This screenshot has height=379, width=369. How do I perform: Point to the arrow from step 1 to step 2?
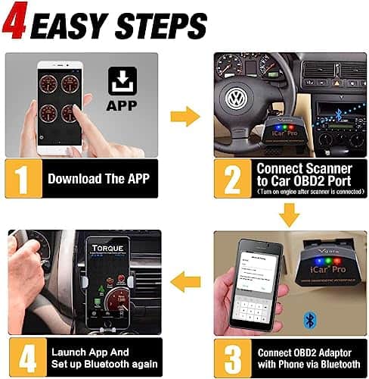(x=184, y=116)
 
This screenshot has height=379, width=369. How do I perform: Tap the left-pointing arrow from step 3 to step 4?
(x=184, y=282)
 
